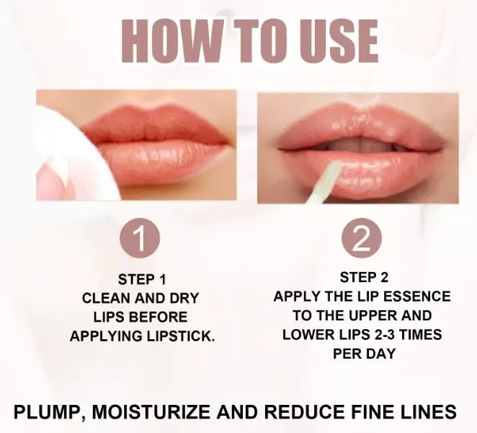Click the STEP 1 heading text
point(142,279)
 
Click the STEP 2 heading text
point(364,277)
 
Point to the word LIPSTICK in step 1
point(181,336)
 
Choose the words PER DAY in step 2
point(364,354)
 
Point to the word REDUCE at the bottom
point(304,411)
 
